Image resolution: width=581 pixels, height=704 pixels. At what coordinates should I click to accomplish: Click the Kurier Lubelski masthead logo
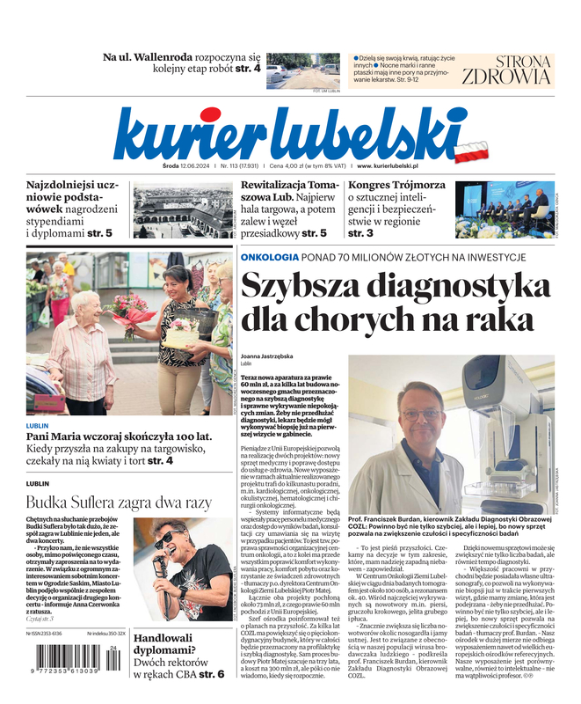[290, 133]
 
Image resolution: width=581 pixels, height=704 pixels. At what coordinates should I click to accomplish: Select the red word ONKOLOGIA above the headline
[270, 257]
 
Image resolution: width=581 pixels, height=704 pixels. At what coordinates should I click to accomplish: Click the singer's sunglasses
[164, 538]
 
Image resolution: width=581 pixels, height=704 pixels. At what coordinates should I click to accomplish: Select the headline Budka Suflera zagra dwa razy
[119, 502]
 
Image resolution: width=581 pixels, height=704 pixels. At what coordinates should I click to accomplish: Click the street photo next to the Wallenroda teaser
[302, 69]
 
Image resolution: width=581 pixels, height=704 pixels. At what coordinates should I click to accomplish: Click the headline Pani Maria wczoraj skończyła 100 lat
[119, 436]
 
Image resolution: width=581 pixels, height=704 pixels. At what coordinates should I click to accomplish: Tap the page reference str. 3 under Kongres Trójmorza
[360, 233]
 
